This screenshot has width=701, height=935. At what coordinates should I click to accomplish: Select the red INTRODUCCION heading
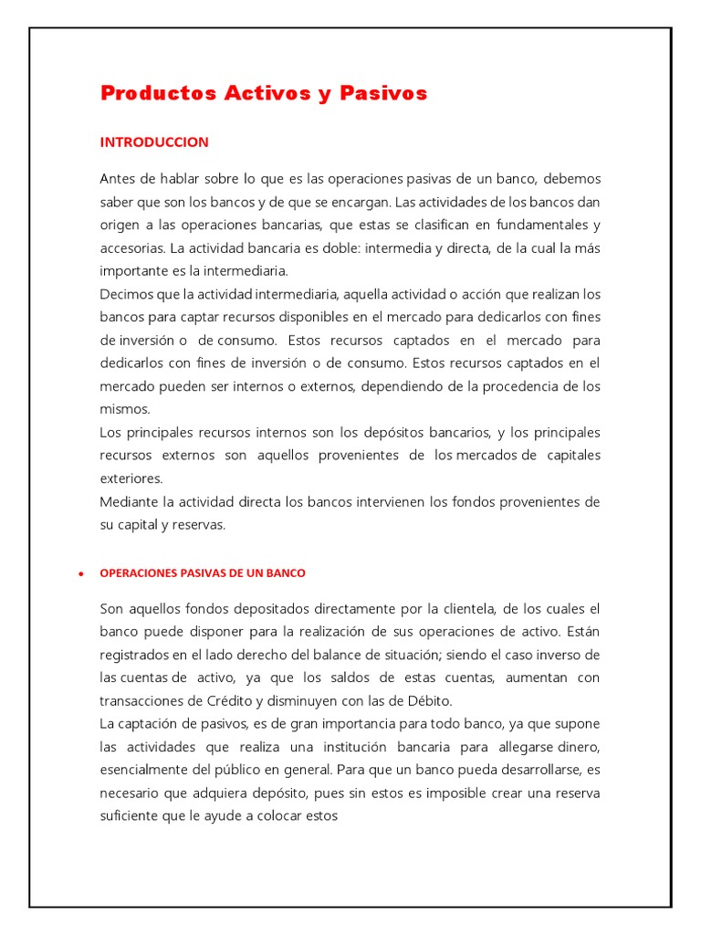click(153, 142)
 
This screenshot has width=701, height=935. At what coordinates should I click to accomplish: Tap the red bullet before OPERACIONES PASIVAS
click(81, 574)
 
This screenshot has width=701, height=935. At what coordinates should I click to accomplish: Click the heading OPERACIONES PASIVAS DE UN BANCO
click(202, 573)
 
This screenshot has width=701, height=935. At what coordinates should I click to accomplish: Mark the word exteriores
click(131, 478)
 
